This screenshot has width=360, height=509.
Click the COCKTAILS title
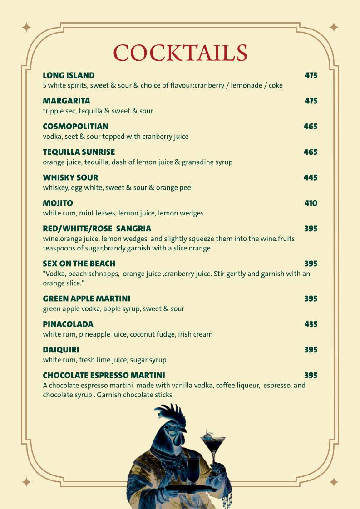180,53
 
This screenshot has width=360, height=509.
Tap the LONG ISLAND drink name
69,75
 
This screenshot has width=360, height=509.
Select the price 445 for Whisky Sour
311,177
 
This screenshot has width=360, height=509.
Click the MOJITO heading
58,203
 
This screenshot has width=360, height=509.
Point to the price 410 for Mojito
311,203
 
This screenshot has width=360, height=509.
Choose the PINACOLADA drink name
68,324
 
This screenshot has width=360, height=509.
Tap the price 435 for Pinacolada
311,324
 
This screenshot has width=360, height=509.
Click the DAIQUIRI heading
61,350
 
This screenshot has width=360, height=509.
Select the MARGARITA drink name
66,101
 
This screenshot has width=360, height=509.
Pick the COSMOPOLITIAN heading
75,126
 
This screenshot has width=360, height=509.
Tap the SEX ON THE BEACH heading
79,264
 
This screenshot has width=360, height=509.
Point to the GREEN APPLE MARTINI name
86,299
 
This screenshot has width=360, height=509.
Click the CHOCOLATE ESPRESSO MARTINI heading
104,375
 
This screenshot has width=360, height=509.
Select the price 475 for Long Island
311,75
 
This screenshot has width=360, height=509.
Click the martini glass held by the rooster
212,442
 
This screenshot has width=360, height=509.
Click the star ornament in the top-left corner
26,27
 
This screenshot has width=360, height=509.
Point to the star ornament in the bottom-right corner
334,482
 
